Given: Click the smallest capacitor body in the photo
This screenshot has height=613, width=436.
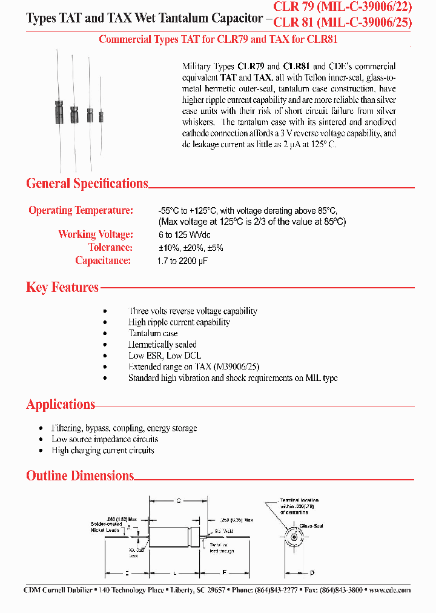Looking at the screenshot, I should [101, 115].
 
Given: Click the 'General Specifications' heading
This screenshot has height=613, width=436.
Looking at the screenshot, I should [87, 184].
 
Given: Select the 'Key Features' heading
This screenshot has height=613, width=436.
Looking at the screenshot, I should [62, 287].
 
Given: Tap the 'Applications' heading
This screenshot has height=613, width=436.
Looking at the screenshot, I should [61, 405].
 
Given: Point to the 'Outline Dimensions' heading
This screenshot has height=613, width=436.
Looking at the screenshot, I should [80, 476].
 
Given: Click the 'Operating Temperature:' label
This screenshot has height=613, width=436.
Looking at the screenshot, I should [81, 211].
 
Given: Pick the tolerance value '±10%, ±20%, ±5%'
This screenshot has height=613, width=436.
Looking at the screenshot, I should [187, 247].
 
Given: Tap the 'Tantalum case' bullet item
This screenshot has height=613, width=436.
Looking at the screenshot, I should [153, 333].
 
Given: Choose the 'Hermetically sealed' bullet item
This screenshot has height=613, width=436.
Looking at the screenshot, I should [162, 345].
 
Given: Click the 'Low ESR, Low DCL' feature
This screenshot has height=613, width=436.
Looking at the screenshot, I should [165, 356].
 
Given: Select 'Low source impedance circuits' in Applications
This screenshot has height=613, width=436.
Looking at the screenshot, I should [105, 439].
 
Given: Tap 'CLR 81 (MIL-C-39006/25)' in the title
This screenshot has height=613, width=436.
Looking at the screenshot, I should [343, 24].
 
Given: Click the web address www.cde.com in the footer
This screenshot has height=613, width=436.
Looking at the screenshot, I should [389, 590].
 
